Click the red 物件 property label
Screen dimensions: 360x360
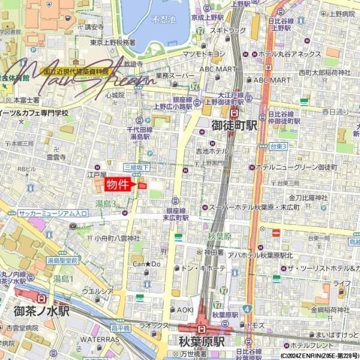tap(118, 184)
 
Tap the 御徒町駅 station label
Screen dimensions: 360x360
tap(235, 126)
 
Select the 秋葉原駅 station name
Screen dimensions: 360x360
tap(201, 342)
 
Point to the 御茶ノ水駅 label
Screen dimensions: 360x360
tap(42, 311)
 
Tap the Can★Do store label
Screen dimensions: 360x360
tap(147, 263)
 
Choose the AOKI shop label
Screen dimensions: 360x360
tap(185, 310)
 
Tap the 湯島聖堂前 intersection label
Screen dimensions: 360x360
tap(63, 260)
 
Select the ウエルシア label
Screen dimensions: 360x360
tap(98, 291)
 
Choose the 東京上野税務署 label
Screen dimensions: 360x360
tap(113, 43)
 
